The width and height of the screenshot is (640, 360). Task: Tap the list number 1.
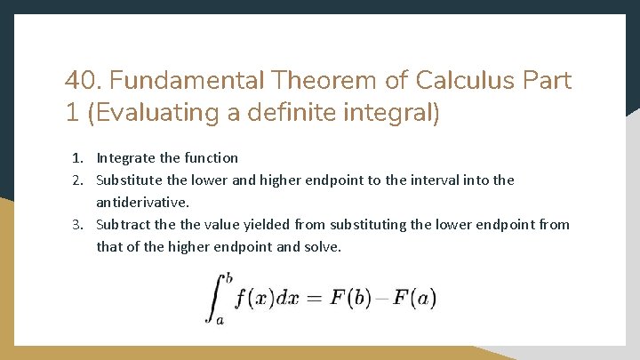click(x=78, y=158)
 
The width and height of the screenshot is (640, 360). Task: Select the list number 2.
click(x=78, y=180)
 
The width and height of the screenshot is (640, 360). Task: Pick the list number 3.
click(x=78, y=225)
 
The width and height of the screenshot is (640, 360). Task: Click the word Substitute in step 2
click(x=131, y=180)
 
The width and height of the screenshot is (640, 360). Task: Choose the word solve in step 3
click(x=321, y=247)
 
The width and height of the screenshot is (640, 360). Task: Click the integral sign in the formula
click(x=214, y=297)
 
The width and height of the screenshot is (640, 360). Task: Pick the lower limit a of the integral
click(x=220, y=319)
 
